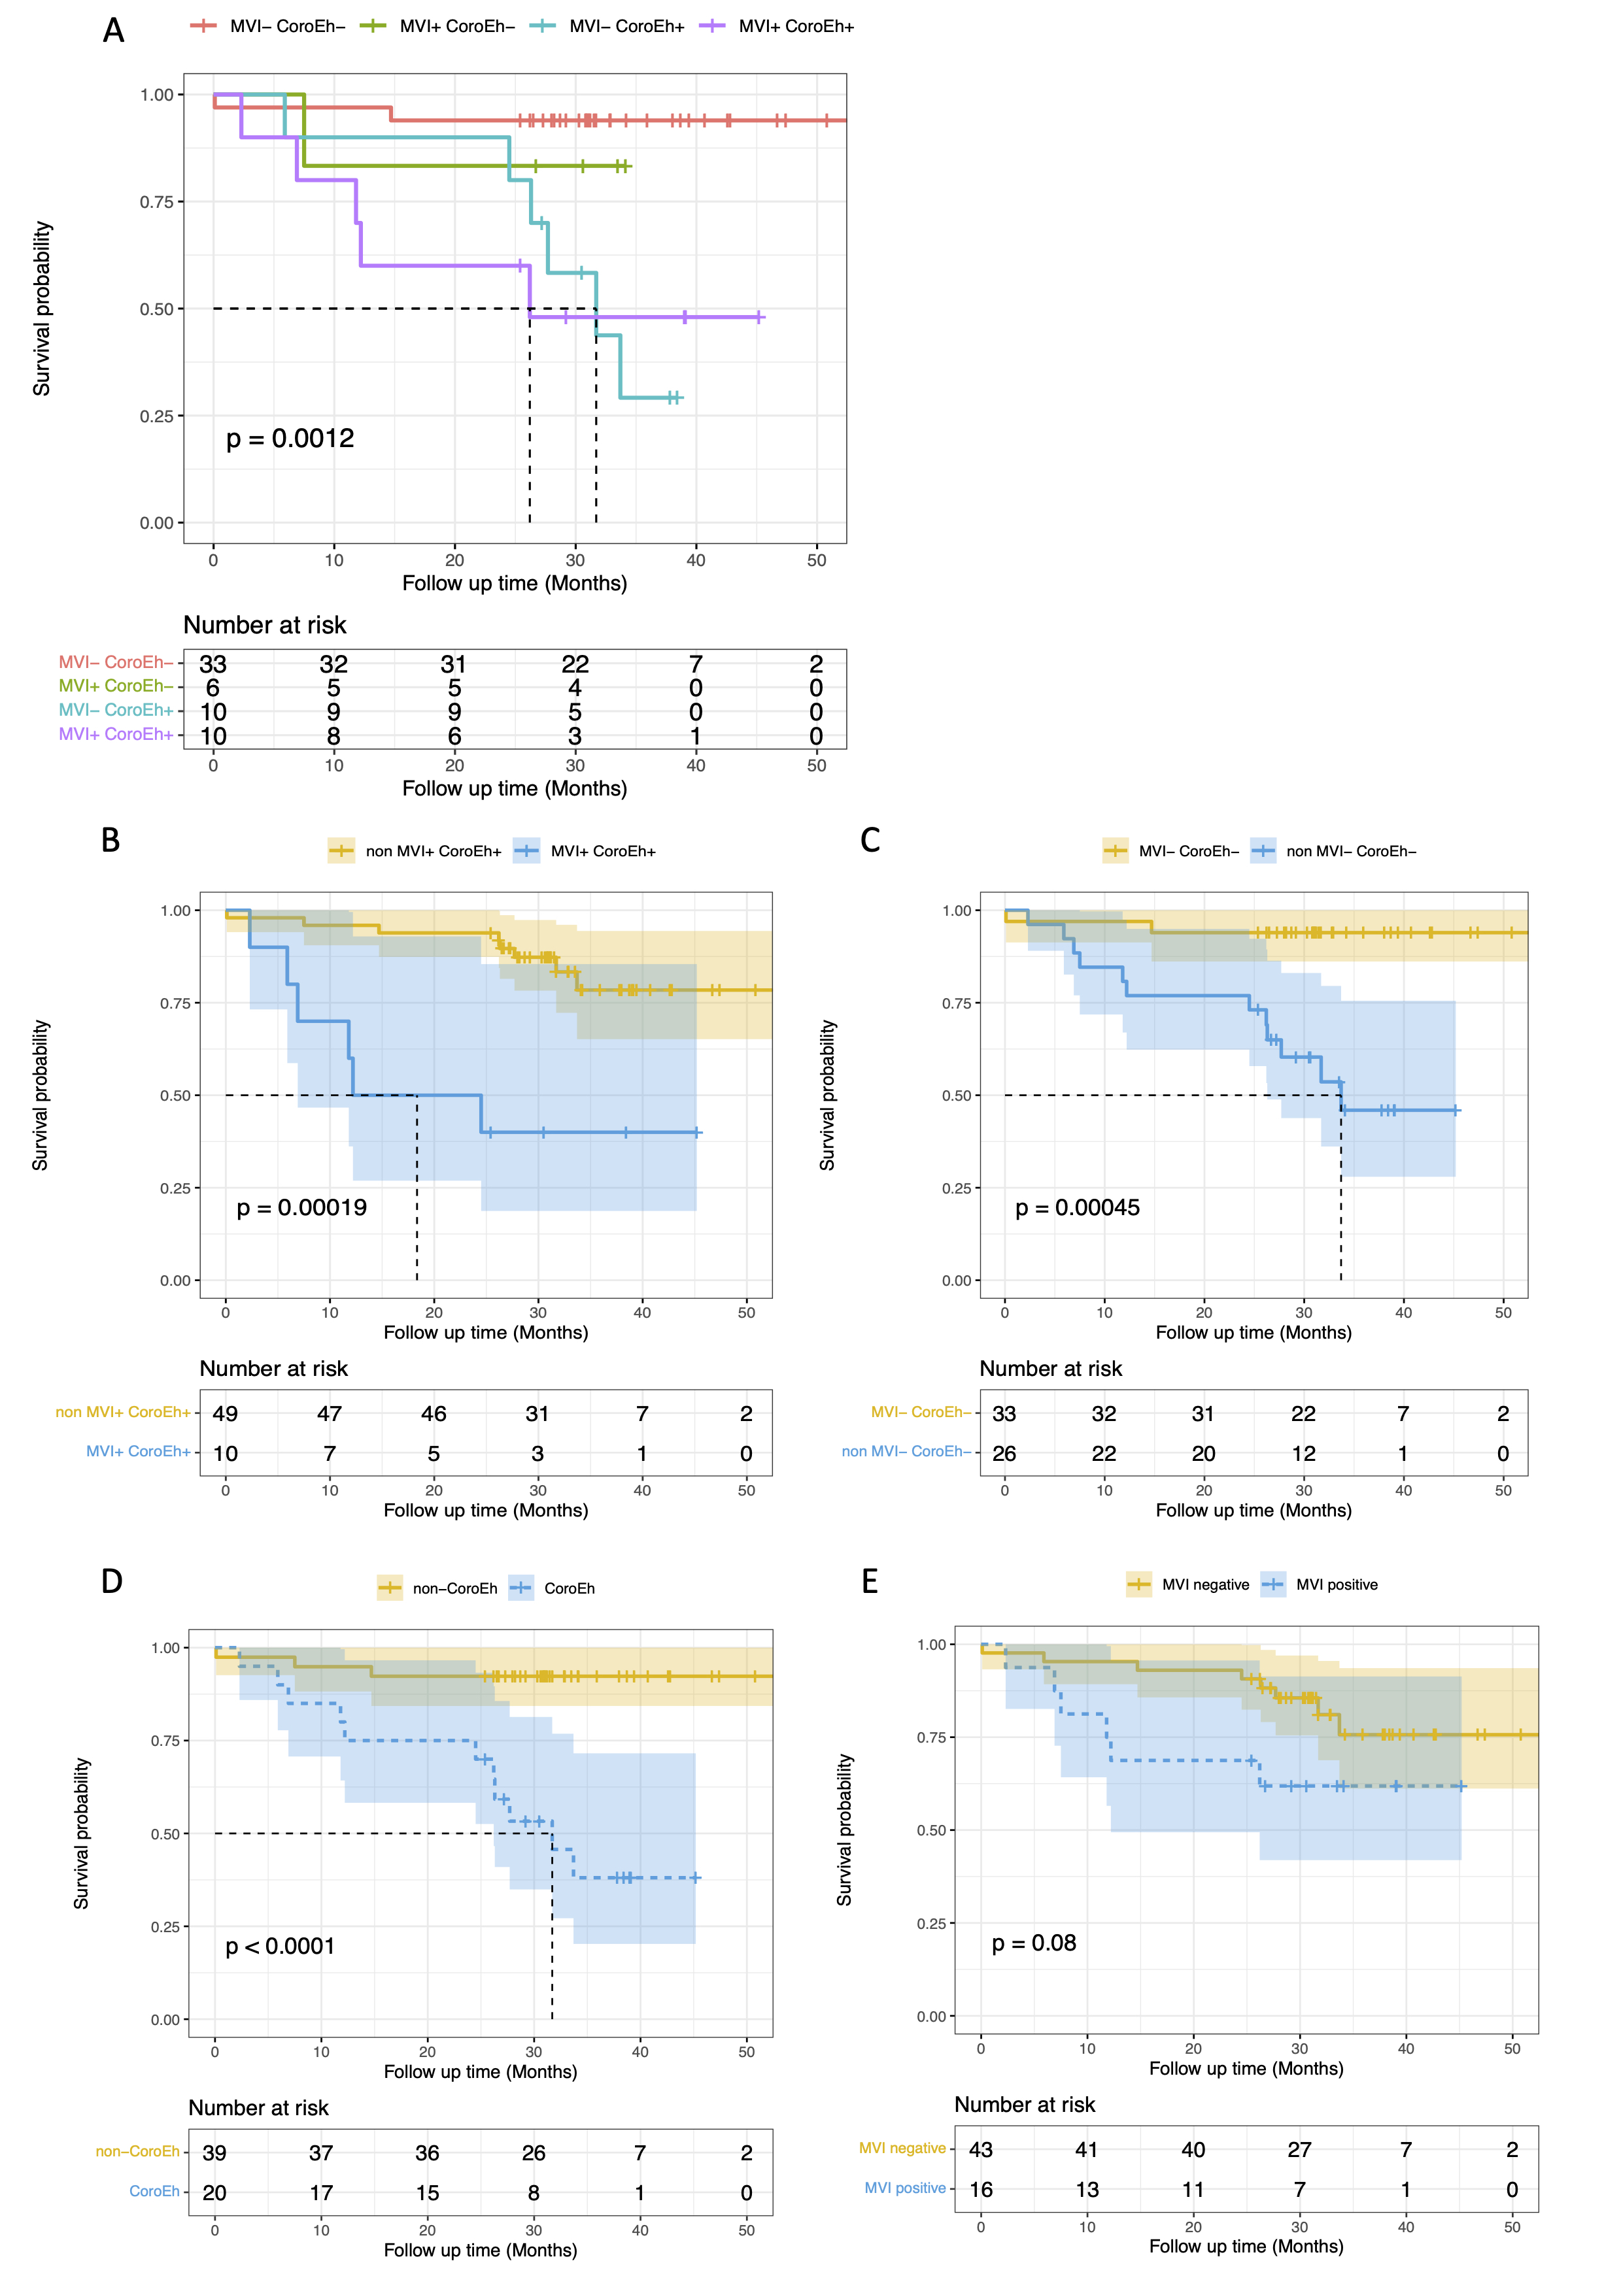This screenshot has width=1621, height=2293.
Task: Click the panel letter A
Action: click(x=114, y=31)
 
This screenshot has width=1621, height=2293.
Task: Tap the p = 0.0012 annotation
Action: click(x=290, y=439)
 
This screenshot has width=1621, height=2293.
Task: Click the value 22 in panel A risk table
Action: click(x=575, y=664)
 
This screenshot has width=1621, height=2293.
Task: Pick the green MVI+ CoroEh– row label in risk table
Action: click(x=116, y=686)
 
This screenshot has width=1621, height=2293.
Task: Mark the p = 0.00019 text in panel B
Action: click(x=301, y=1207)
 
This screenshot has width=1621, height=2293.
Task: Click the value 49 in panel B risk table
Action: click(x=226, y=1414)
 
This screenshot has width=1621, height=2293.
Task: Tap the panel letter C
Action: click(x=870, y=841)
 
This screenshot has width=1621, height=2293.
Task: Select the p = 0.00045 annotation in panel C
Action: click(x=1077, y=1207)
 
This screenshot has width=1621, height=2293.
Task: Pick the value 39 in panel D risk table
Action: click(x=214, y=2153)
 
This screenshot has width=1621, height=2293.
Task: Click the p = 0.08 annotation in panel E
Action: click(x=1034, y=1943)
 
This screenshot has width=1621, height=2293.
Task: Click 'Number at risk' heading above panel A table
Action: click(x=265, y=625)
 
